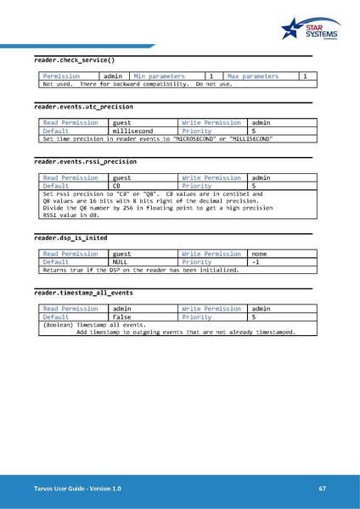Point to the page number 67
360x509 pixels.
point(323,489)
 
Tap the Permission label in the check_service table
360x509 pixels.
point(61,76)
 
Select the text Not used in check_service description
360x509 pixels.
point(57,84)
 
